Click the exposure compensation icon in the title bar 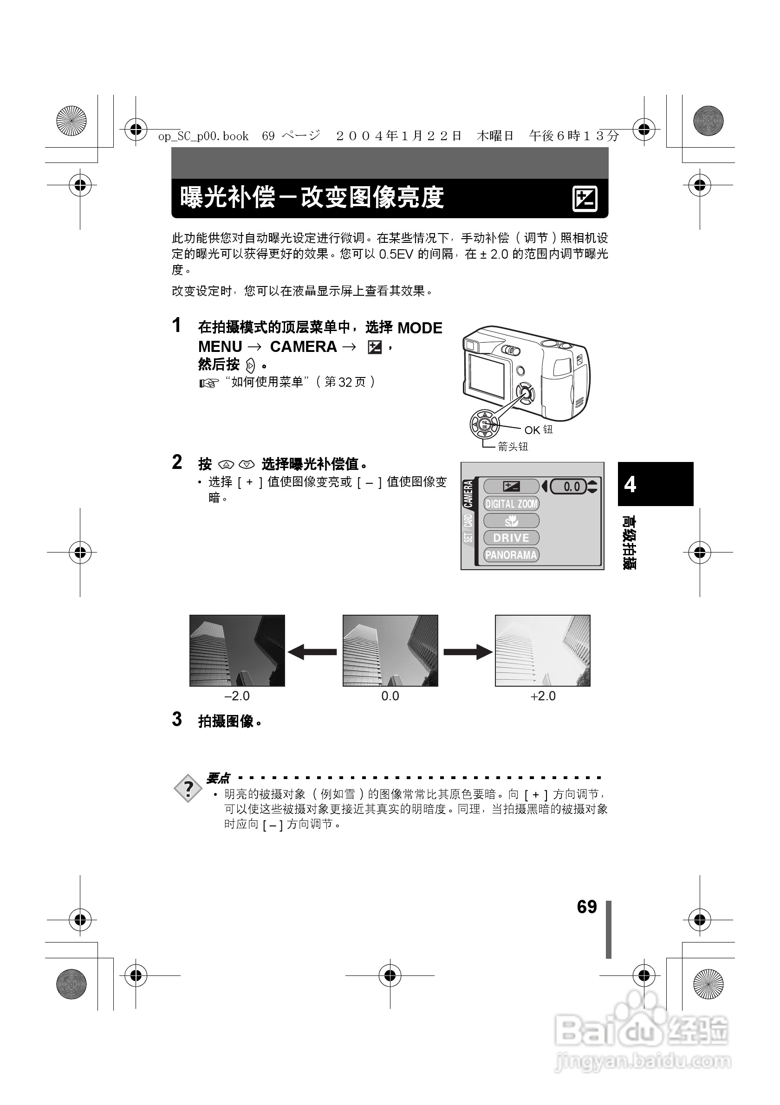coord(585,198)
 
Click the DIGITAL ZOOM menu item coord(511,504)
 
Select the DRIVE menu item coord(511,538)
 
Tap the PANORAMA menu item coord(511,555)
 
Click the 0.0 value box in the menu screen coord(569,487)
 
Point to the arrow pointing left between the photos coord(312,652)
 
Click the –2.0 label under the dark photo coord(237,696)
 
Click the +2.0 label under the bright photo coord(543,696)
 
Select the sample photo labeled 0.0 coord(390,650)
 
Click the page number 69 coord(586,907)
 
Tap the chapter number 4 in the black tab coord(630,484)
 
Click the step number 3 coord(177,720)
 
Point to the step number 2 coord(177,462)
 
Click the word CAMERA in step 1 coord(303,346)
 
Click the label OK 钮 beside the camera coord(539,430)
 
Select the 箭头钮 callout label coord(513,447)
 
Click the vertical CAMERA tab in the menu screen coord(468,494)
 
